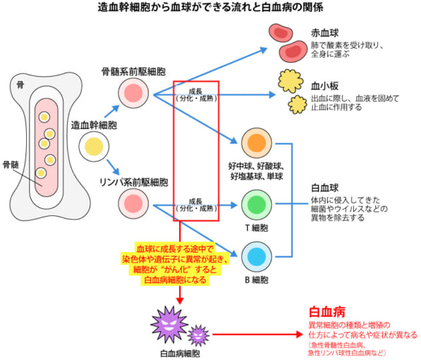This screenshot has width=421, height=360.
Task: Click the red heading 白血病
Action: (x=327, y=312)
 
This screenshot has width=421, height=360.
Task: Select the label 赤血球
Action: (x=325, y=32)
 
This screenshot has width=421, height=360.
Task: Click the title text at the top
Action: (x=210, y=8)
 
